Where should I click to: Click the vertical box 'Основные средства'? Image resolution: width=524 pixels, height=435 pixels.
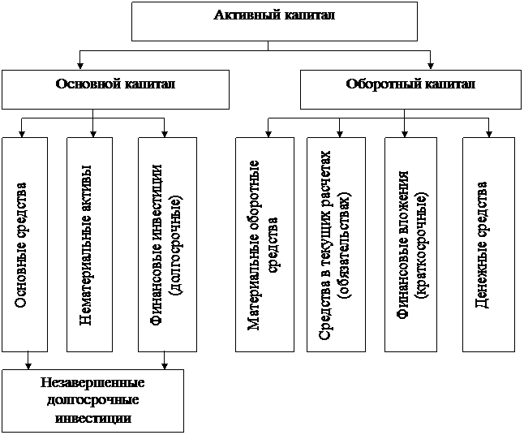click(x=24, y=243)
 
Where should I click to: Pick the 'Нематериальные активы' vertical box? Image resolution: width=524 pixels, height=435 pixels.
click(x=91, y=243)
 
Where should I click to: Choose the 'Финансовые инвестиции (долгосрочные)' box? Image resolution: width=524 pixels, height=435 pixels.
click(x=167, y=243)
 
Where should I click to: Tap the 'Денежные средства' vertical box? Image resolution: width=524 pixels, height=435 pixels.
click(x=488, y=243)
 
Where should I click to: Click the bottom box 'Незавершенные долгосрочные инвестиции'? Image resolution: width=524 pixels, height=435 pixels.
click(x=92, y=400)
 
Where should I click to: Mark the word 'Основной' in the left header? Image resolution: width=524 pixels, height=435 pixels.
click(x=85, y=84)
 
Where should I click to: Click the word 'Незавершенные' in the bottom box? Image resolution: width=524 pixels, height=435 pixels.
click(x=92, y=383)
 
